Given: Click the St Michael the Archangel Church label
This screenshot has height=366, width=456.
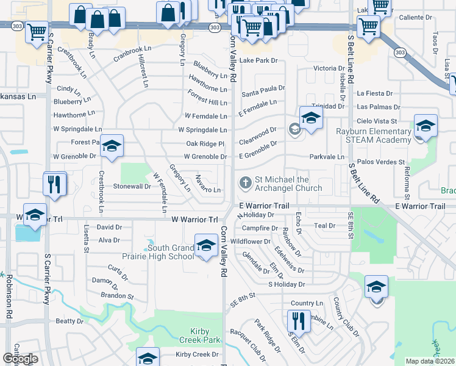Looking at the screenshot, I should [x=283, y=184].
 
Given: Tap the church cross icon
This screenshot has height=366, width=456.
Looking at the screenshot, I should [x=245, y=182].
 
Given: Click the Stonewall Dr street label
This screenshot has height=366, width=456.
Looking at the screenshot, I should [x=132, y=186].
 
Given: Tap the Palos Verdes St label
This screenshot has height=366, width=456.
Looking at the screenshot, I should [x=381, y=162].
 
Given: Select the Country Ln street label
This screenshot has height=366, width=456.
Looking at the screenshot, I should [x=307, y=303].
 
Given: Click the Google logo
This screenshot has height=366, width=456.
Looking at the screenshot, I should [x=20, y=359].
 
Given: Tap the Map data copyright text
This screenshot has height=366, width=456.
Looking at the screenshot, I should [x=430, y=361].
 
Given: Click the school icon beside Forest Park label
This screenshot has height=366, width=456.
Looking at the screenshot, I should [x=112, y=146].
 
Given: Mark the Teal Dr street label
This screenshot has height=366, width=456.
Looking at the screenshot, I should [x=324, y=226].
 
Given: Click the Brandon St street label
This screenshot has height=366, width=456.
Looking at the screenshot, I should [x=118, y=296].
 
